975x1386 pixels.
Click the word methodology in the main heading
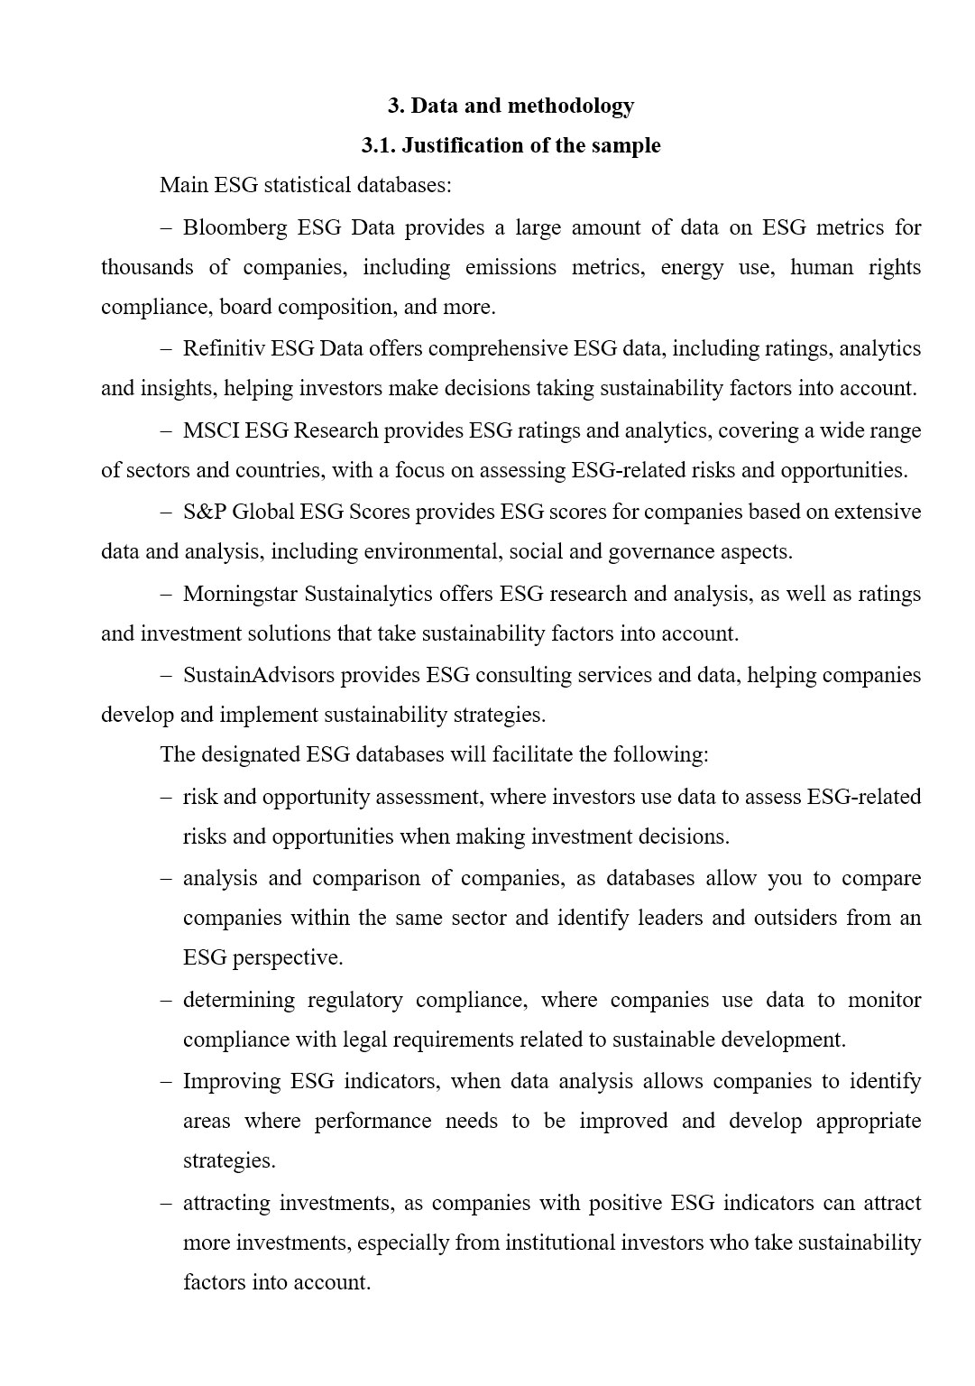click(571, 106)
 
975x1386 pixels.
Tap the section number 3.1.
click(378, 146)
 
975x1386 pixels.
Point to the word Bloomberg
click(235, 227)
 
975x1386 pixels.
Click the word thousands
click(147, 268)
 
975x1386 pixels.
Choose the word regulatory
click(354, 1001)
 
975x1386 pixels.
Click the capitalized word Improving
click(232, 1082)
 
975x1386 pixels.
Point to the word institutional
click(559, 1243)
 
